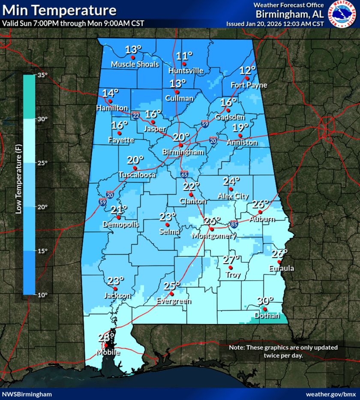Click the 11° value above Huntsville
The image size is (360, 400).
[184, 56]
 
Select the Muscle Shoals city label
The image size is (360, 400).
[135, 65]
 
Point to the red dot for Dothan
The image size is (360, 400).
[265, 309]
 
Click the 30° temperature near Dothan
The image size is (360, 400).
[265, 301]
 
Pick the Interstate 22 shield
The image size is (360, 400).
[136, 115]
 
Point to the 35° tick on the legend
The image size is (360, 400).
[42, 75]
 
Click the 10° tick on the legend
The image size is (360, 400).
[42, 295]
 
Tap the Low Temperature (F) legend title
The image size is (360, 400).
[18, 185]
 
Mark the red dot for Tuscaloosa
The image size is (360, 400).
[135, 168]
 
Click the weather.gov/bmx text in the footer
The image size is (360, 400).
[331, 394]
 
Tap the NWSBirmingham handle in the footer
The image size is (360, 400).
[27, 394]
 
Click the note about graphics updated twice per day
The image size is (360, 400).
[283, 351]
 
